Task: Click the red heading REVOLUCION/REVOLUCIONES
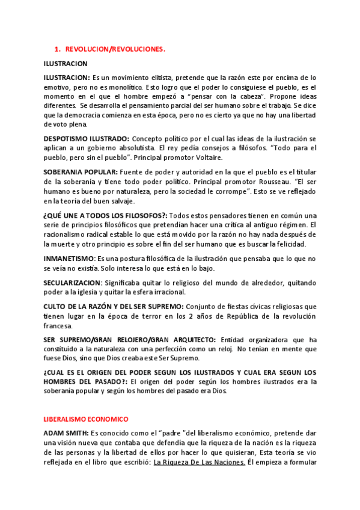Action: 115,49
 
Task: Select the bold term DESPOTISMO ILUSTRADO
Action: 85,138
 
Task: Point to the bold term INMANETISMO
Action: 67,258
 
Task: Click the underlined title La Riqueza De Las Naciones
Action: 199,462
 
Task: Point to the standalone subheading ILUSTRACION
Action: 66,63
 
